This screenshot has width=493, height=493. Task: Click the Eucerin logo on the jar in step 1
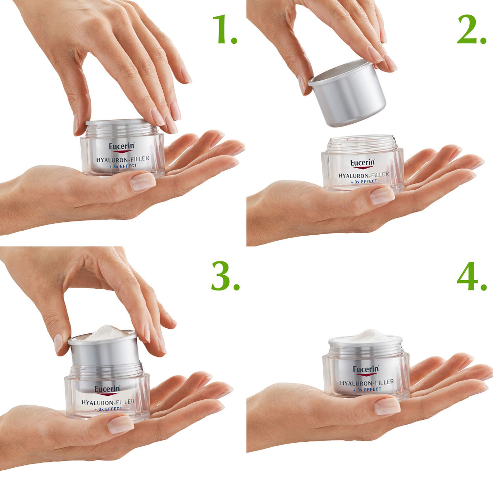[122, 147]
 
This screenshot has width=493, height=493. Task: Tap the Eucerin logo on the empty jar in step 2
[363, 163]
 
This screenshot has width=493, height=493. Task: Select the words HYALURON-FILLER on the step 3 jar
[108, 402]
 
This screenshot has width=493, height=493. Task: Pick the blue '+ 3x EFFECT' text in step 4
[367, 389]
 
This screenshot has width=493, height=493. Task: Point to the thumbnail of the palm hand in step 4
[387, 406]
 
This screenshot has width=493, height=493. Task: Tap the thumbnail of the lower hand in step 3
[120, 424]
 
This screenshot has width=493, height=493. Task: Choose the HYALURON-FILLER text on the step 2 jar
[364, 175]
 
